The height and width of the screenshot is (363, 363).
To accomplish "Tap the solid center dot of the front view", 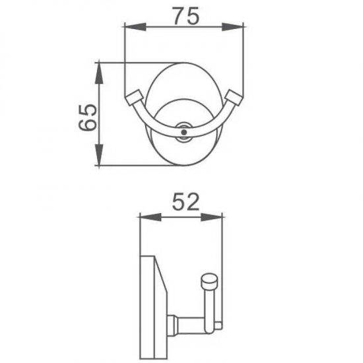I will (x=184, y=133).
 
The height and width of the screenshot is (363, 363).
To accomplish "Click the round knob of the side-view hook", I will (x=209, y=283).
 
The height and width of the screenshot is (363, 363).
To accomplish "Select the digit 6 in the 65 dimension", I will (x=86, y=124).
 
